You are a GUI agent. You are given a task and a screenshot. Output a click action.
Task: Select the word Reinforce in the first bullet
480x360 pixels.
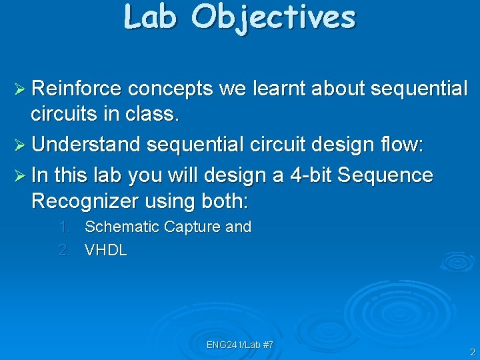click(x=76, y=89)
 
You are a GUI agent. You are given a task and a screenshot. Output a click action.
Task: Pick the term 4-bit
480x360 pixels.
click(x=311, y=175)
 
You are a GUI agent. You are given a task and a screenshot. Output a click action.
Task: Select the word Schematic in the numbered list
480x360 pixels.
click(x=121, y=227)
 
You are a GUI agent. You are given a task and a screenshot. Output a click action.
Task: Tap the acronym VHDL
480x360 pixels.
click(x=105, y=251)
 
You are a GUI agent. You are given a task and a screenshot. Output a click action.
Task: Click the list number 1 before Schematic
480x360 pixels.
click(x=63, y=227)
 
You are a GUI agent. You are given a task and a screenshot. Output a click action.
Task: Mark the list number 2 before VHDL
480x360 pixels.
click(x=64, y=251)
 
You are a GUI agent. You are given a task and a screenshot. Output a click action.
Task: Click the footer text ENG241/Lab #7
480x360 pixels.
click(x=239, y=345)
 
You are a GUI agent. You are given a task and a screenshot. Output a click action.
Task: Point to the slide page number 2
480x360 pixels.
click(x=472, y=352)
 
